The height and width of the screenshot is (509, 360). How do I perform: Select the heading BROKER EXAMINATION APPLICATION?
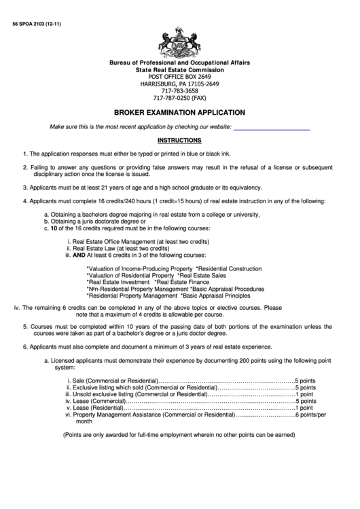pos(179,113)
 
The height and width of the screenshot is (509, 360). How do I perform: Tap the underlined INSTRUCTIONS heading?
pos(179,141)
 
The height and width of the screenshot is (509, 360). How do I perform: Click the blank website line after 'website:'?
pos(272,127)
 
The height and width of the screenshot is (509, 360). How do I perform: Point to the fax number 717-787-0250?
pos(179,98)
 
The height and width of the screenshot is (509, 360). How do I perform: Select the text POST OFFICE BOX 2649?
pos(179,76)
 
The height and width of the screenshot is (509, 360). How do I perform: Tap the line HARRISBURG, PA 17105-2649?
pos(179,84)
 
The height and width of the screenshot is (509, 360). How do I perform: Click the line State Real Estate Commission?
pos(179,69)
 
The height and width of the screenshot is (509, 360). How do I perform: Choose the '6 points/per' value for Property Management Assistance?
pos(310,414)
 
